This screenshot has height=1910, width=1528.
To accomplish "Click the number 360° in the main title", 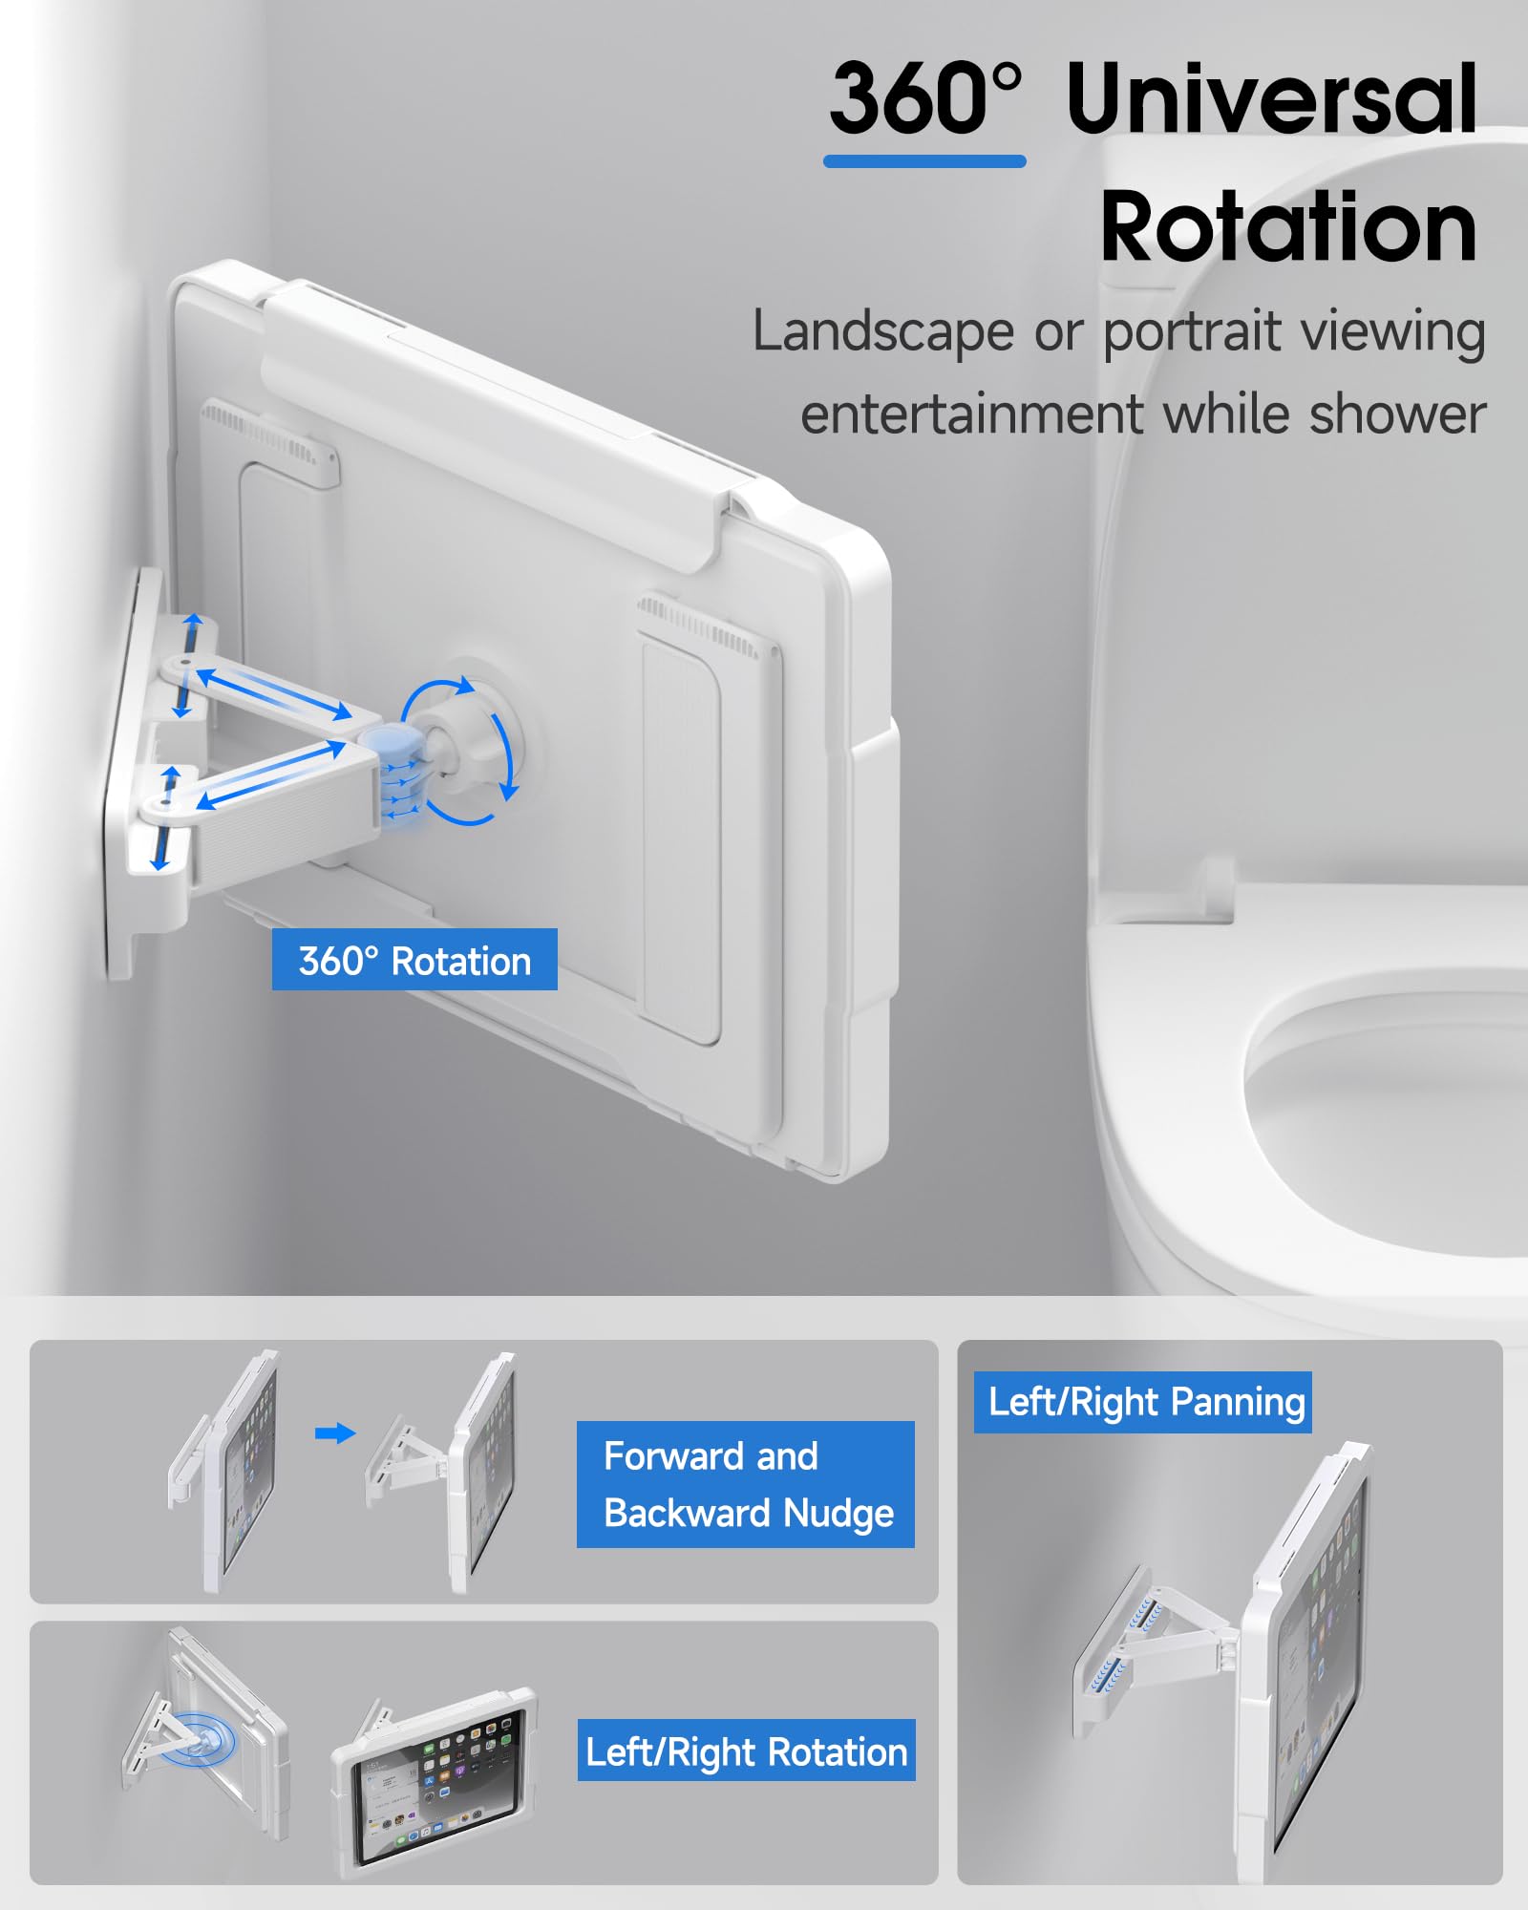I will [924, 99].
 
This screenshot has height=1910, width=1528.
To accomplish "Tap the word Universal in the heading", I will [1272, 99].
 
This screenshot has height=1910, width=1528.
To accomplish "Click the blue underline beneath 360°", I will [924, 162].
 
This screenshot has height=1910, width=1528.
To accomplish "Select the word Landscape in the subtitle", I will [882, 332].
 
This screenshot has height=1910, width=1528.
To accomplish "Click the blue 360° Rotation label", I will [414, 960].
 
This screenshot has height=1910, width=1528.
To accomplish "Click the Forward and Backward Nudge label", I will [745, 1484].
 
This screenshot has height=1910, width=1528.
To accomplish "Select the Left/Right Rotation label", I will [746, 1752].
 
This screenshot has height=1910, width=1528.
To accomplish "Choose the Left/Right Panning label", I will [1142, 1402].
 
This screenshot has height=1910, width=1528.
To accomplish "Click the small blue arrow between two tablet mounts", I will [334, 1432].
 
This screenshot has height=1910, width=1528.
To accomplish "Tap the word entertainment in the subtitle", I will [971, 415].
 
